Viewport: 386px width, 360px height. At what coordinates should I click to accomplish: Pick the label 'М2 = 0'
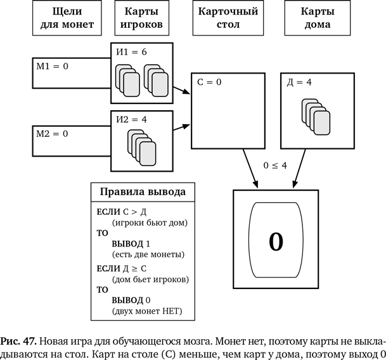50,134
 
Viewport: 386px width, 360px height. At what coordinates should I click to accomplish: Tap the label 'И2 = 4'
131,119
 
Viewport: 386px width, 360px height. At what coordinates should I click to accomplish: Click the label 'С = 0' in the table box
210,82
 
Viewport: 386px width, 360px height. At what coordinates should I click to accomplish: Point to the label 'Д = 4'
300,82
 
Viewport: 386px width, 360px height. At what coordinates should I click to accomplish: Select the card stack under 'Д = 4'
316,117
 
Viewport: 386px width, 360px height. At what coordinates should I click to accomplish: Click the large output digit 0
276,241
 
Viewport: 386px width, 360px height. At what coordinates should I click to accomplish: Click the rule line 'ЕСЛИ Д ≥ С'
122,268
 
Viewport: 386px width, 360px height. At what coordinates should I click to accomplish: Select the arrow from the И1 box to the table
182,91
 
